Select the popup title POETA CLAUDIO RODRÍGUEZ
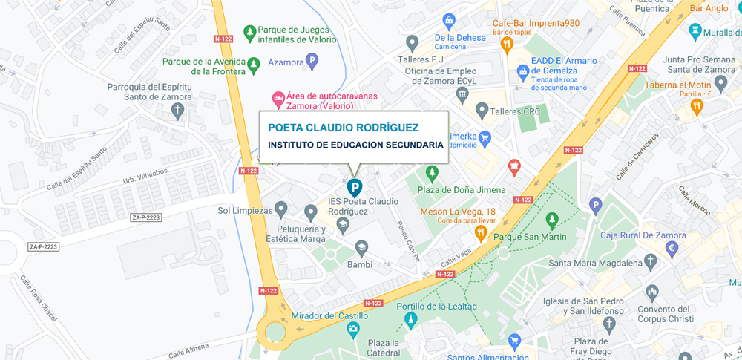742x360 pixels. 344,128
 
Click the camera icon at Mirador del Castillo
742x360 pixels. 354,328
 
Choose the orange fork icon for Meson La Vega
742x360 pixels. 481,234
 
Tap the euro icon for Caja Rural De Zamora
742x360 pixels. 672,249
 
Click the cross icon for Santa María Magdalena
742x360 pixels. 651,262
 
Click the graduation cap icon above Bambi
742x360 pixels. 361,248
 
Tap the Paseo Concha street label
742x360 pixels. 408,241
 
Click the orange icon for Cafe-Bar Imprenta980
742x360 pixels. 508,44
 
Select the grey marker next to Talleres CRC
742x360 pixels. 482,112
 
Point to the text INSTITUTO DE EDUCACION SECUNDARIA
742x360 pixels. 355,145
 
